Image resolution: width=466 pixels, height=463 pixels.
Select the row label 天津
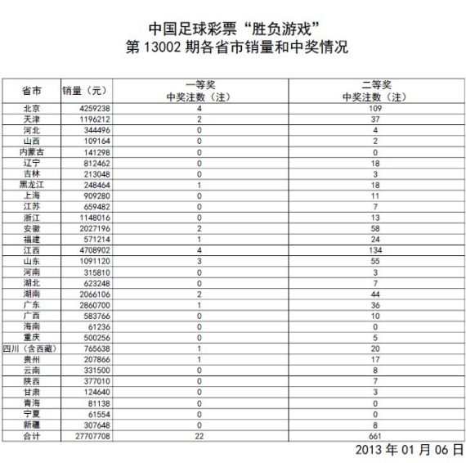[32, 119]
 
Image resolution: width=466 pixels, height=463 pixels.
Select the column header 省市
[32, 90]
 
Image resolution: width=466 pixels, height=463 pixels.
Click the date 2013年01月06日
[408, 451]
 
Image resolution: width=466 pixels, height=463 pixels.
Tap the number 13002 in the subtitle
[171, 47]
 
